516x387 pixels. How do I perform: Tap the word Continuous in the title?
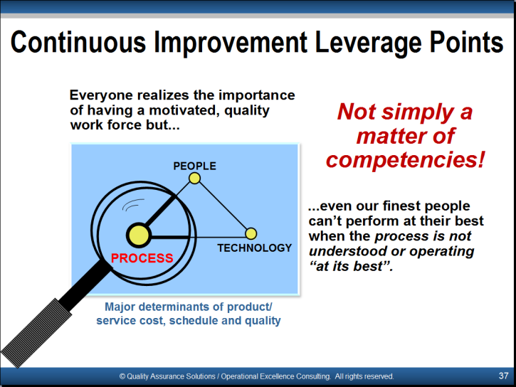pyautogui.click(x=78, y=42)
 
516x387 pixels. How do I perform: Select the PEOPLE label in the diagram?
pyautogui.click(x=194, y=166)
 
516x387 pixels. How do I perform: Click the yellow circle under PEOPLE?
pyautogui.click(x=194, y=179)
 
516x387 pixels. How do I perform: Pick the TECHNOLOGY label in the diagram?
pyautogui.click(x=254, y=248)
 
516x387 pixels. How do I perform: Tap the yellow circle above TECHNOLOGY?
pyautogui.click(x=251, y=233)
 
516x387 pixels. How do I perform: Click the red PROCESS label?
pyautogui.click(x=142, y=258)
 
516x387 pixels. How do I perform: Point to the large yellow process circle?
pyautogui.click(x=139, y=235)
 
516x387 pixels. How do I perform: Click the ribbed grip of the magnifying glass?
pyautogui.click(x=36, y=333)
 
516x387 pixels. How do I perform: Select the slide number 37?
pyautogui.click(x=503, y=376)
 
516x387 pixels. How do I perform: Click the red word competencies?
pyautogui.click(x=406, y=160)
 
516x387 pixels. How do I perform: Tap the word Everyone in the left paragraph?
pyautogui.click(x=101, y=95)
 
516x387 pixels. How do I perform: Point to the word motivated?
pyautogui.click(x=184, y=110)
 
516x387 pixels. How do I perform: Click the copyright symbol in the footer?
pyautogui.click(x=122, y=376)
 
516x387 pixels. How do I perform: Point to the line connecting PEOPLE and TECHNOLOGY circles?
pyautogui.click(x=223, y=206)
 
